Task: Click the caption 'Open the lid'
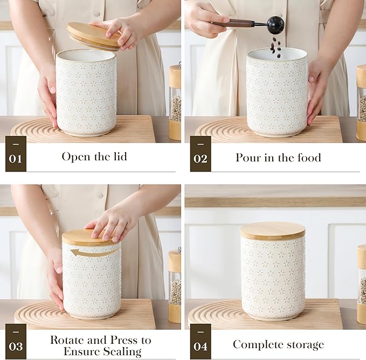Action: coord(95,157)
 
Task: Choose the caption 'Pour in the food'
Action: coord(278,158)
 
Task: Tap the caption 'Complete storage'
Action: coord(278,344)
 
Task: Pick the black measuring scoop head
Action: coord(275,24)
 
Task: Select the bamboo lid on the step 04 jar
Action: coord(272,230)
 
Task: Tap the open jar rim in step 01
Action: coord(86,55)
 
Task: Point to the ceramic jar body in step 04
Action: coord(272,278)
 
